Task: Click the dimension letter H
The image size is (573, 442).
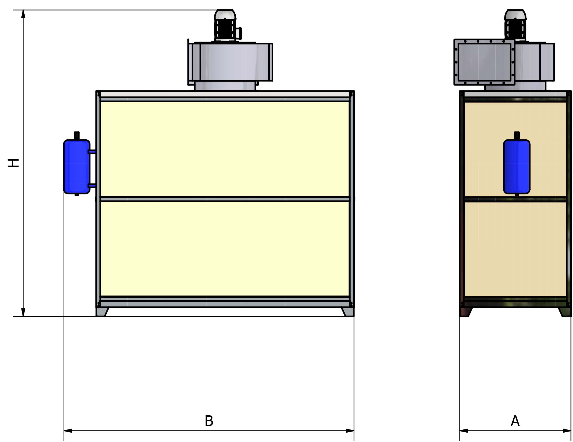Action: click(x=13, y=163)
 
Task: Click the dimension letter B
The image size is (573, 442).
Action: click(x=209, y=421)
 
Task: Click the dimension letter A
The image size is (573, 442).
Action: click(x=515, y=421)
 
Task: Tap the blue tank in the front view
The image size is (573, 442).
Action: click(x=77, y=167)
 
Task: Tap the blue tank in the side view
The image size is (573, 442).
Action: click(x=517, y=167)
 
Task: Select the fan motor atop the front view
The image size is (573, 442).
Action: click(x=225, y=25)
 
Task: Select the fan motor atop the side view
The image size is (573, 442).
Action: click(x=515, y=25)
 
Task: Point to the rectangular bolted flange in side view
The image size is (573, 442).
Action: click(x=484, y=62)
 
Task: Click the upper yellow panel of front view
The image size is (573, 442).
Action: click(x=225, y=149)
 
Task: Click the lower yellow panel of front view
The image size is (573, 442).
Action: click(x=225, y=248)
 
